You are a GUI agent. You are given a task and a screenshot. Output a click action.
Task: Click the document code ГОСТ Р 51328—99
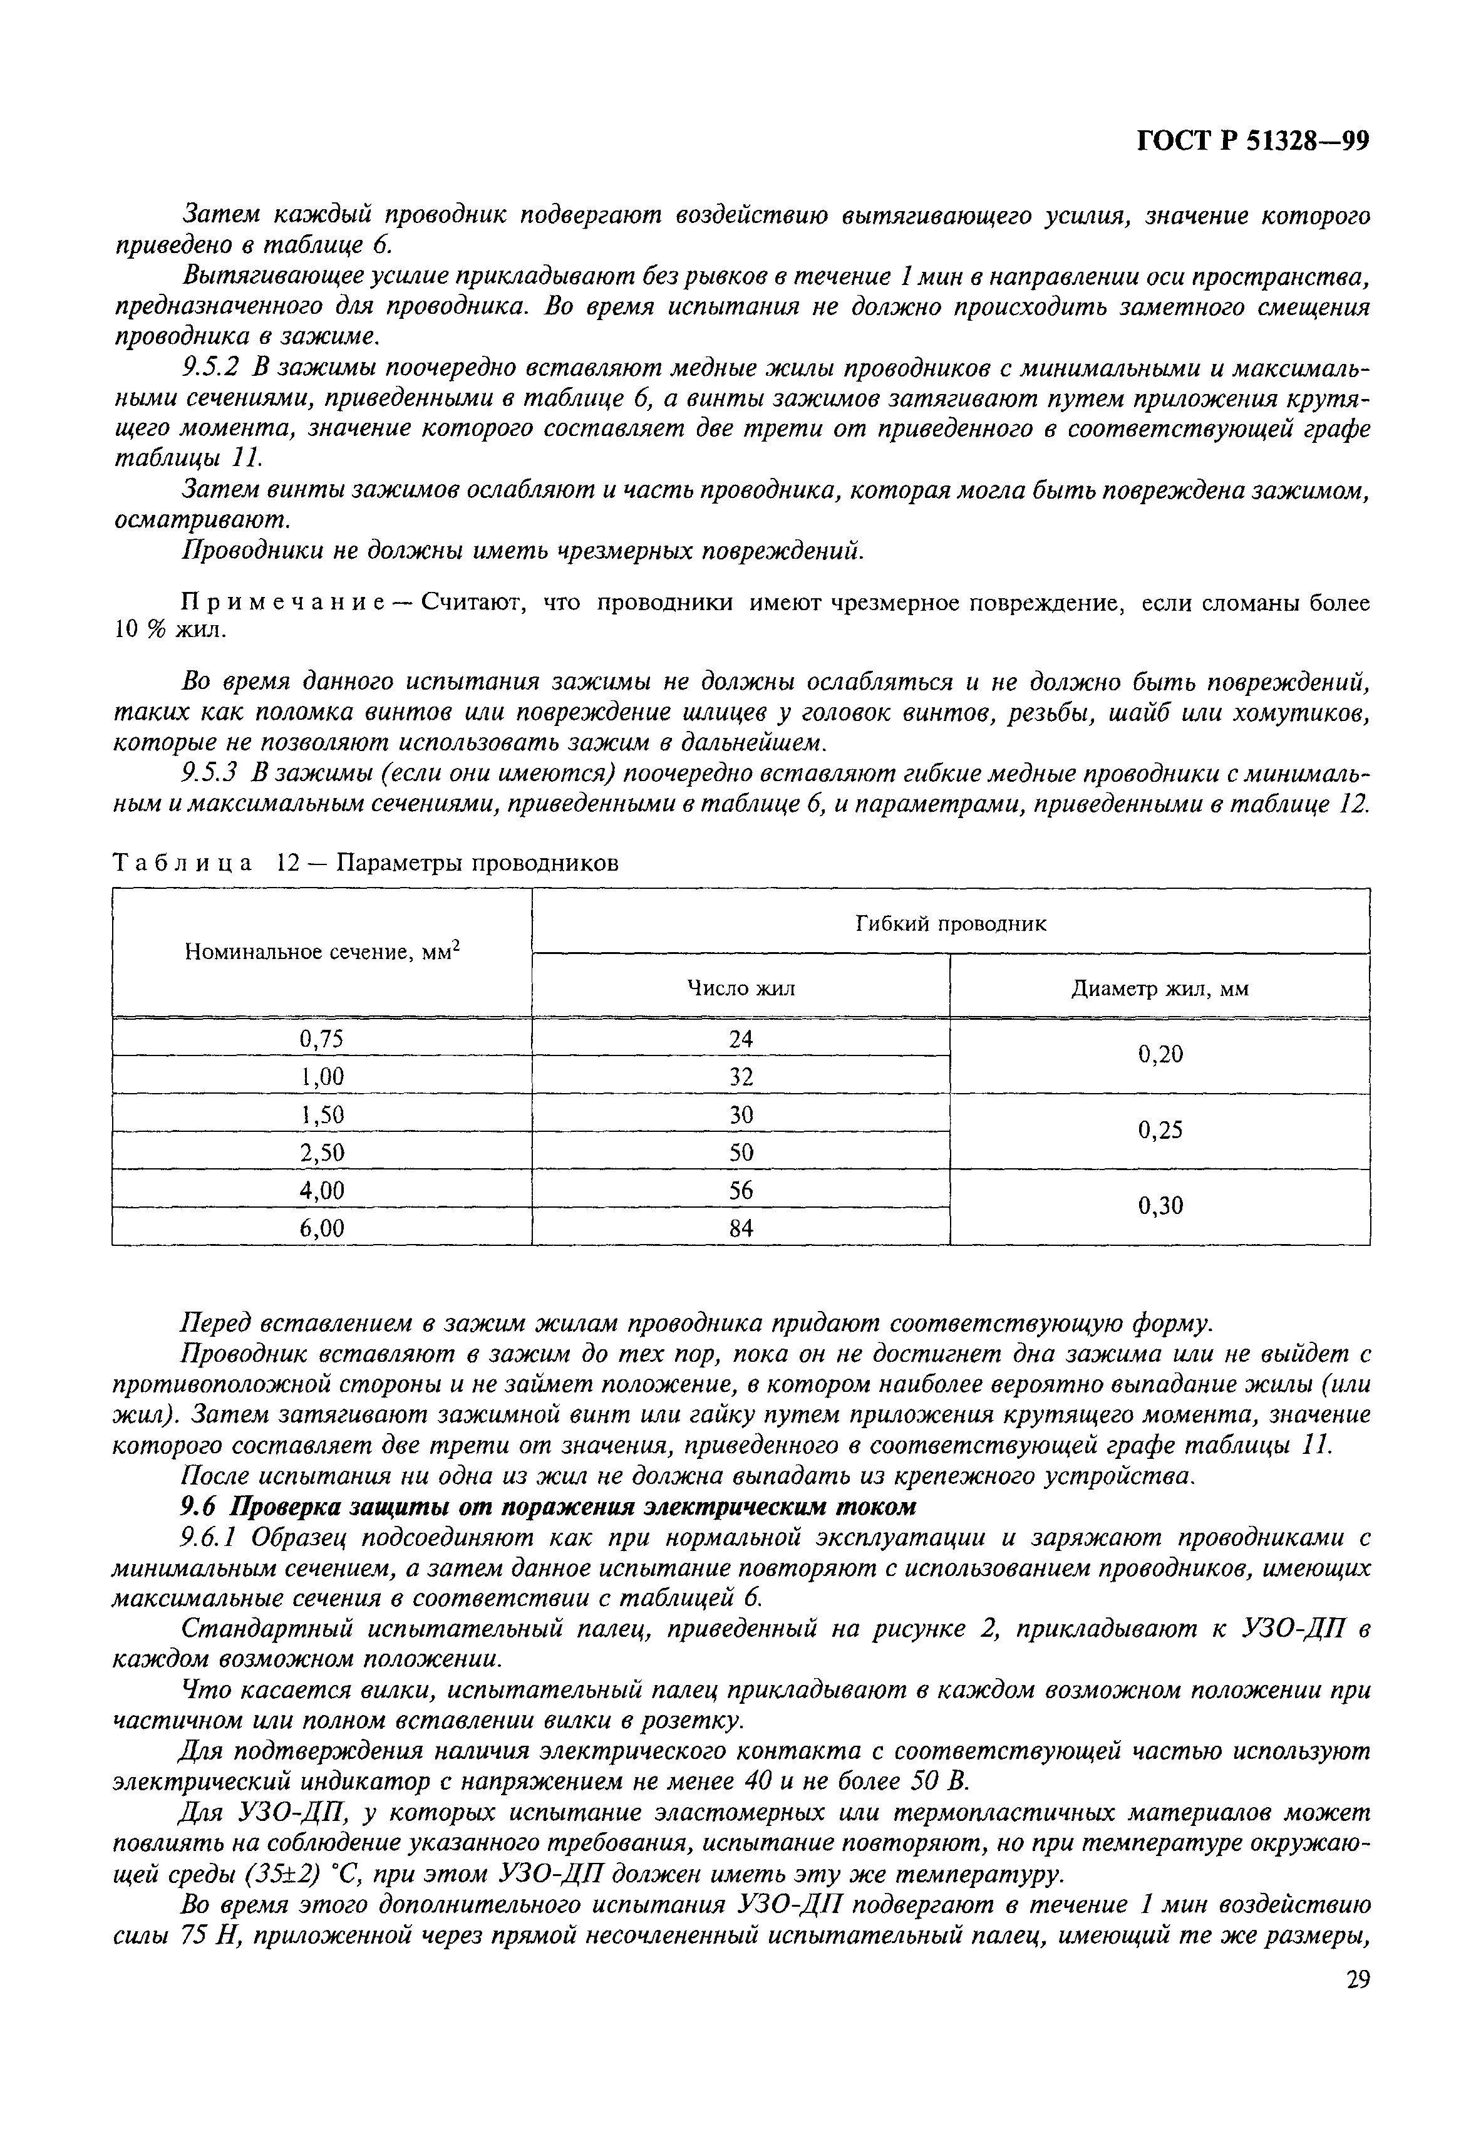tap(1251, 140)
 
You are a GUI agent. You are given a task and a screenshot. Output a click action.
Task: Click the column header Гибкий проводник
tap(951, 923)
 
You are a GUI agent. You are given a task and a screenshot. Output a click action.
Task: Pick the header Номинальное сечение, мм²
tap(323, 953)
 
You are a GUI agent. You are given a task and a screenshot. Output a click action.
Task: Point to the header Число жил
tap(741, 988)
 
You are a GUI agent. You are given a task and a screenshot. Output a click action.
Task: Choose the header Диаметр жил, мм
tap(1160, 988)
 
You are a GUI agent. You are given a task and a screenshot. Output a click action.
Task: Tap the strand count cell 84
tap(741, 1228)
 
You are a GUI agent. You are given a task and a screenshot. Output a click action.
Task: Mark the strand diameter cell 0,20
tap(1160, 1055)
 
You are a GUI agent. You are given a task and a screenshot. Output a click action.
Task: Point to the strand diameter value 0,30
tap(1160, 1206)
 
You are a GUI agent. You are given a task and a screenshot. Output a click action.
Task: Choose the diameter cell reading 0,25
tap(1160, 1130)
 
